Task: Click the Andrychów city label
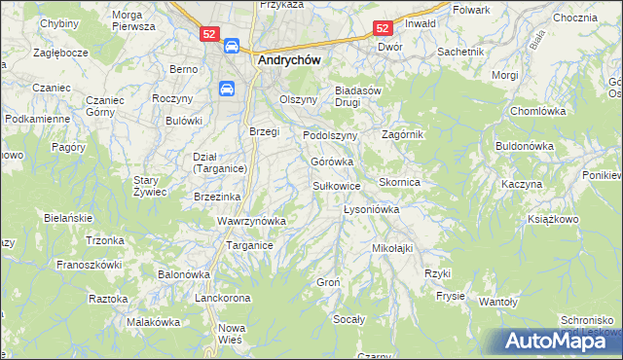(x=290, y=58)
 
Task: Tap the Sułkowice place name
(x=337, y=185)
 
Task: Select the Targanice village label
(x=249, y=246)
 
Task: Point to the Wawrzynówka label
(x=251, y=221)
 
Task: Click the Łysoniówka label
(x=373, y=209)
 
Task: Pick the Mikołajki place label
(x=392, y=248)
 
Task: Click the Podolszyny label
(x=331, y=135)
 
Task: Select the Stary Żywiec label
(x=151, y=186)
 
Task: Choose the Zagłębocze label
(x=61, y=52)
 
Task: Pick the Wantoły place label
(x=497, y=303)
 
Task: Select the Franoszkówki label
(x=89, y=264)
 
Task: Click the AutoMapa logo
(x=559, y=341)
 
